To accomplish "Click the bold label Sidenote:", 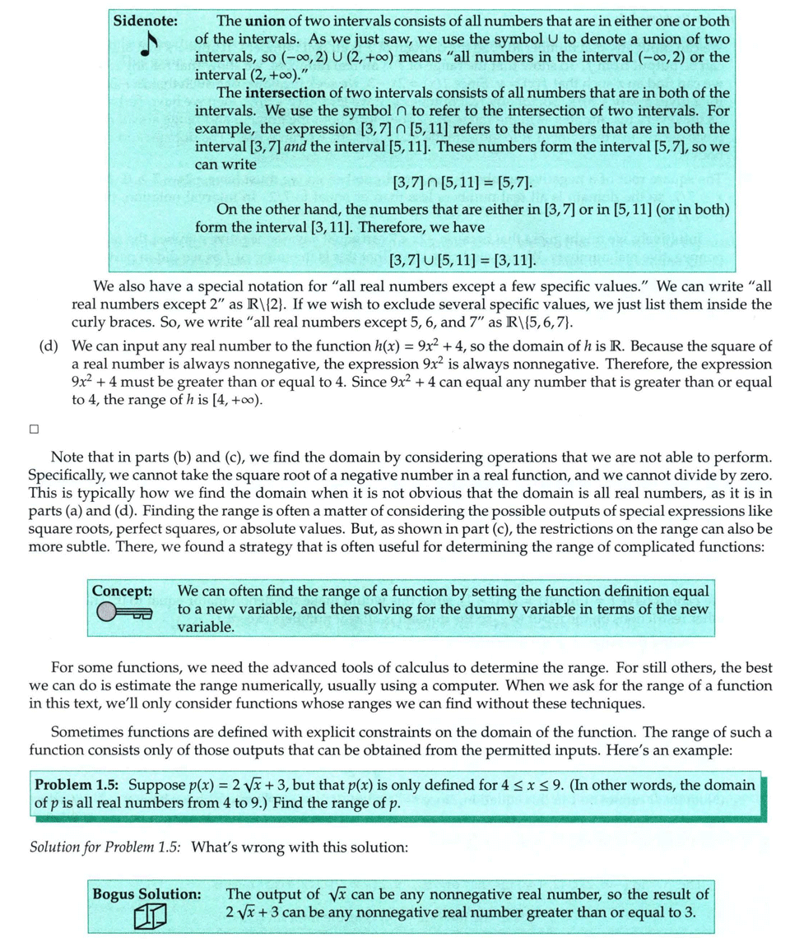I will [x=147, y=19].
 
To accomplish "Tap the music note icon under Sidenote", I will [x=147, y=48].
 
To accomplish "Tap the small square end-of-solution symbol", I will [x=34, y=429].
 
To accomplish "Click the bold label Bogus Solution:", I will [x=147, y=893].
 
